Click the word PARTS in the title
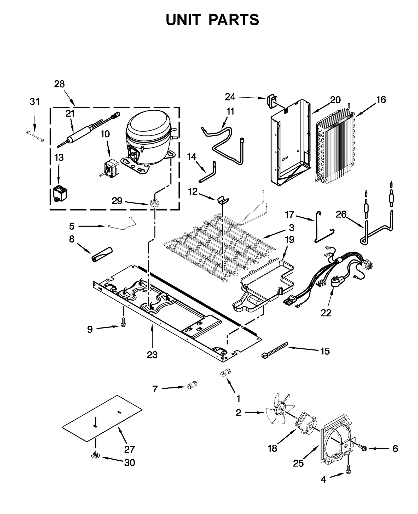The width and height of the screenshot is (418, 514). click(x=234, y=20)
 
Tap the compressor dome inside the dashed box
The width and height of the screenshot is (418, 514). click(x=148, y=128)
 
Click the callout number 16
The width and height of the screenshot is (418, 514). click(x=381, y=100)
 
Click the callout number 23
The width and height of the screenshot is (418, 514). click(x=152, y=355)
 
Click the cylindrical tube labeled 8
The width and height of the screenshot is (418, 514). click(x=101, y=253)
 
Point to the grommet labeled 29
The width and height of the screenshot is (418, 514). click(x=154, y=202)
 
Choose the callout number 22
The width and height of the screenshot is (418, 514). click(x=326, y=313)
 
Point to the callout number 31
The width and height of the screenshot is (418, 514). click(x=35, y=101)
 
